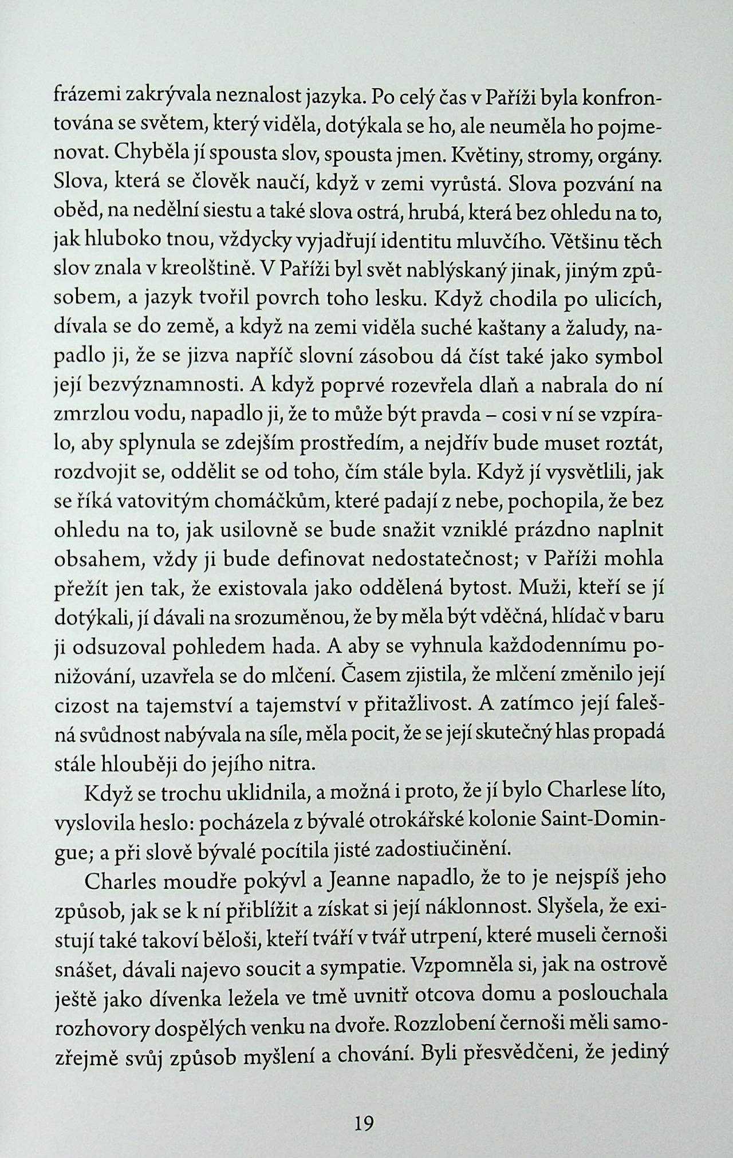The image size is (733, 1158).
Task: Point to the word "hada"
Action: click(x=290, y=647)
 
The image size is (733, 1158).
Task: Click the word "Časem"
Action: click(x=366, y=676)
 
